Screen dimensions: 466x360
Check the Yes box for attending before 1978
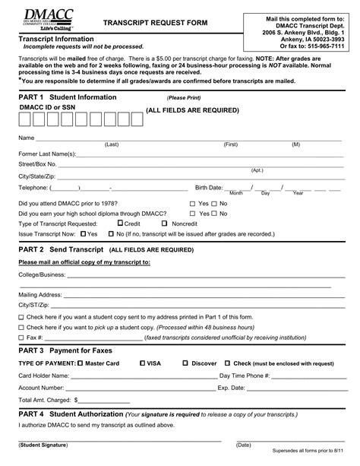(192, 204)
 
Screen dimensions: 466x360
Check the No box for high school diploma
(216, 214)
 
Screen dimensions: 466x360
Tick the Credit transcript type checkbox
(120, 224)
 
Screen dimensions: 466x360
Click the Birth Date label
(209, 187)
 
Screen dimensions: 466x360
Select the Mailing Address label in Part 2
(40, 293)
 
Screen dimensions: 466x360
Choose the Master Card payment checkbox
(79, 363)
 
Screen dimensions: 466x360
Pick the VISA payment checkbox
(143, 363)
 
